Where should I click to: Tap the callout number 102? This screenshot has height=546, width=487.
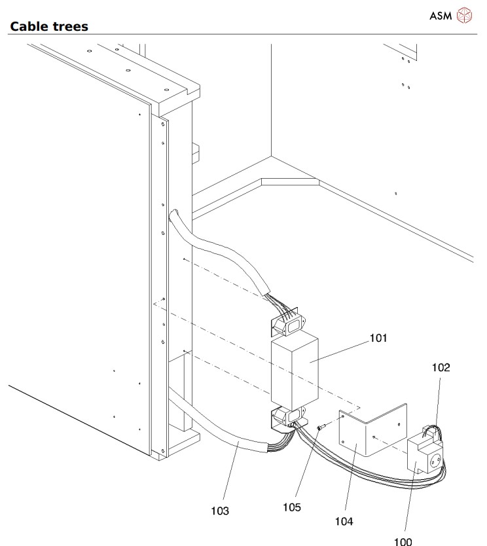click(441, 368)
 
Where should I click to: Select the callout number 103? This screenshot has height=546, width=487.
click(220, 510)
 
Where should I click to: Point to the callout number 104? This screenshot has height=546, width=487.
click(344, 521)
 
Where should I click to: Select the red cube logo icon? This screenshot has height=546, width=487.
click(463, 14)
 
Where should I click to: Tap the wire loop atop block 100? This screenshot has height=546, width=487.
click(430, 429)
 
